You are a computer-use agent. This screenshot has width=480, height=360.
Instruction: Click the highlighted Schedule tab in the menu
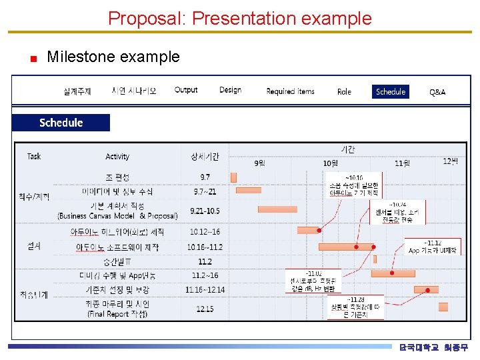click(390, 92)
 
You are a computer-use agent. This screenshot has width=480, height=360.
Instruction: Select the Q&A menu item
click(437, 92)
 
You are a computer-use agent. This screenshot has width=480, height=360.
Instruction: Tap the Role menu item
click(344, 92)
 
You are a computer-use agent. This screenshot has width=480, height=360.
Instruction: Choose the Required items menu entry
click(290, 91)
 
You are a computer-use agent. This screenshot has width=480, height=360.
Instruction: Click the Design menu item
click(230, 90)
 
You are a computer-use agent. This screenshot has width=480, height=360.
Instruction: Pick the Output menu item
click(186, 90)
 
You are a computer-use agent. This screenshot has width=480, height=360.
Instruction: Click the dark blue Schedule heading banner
click(61, 123)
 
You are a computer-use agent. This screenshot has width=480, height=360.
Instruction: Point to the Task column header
click(34, 156)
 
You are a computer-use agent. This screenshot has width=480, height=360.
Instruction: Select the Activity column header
click(117, 157)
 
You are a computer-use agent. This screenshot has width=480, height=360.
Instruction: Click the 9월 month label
click(259, 163)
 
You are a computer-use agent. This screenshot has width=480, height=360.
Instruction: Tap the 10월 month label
click(330, 163)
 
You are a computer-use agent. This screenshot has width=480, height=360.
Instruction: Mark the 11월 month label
click(402, 163)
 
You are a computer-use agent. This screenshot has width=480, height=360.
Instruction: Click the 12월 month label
click(451, 161)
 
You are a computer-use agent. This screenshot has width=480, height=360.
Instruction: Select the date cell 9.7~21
click(205, 191)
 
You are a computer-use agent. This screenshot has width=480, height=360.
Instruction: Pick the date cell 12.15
click(205, 309)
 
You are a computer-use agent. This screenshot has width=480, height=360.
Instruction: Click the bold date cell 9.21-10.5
click(205, 211)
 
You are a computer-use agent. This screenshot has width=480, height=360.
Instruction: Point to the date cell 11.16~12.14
click(205, 289)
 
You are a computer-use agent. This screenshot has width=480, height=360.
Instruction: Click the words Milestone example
click(113, 57)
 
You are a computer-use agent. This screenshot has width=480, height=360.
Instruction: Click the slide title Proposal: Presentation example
click(240, 18)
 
